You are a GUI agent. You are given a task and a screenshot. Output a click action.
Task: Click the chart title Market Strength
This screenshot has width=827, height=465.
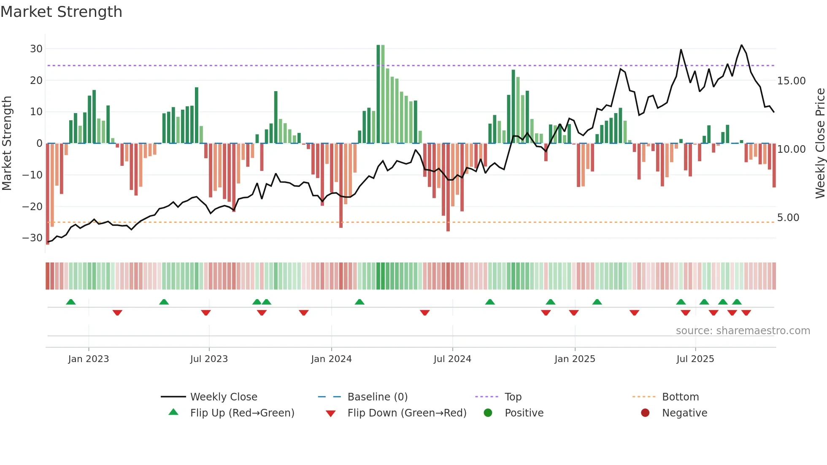pos(61,12)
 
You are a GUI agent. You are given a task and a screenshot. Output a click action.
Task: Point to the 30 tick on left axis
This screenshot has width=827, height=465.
pos(36,49)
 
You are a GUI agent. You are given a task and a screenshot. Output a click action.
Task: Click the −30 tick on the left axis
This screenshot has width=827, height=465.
pos(32,238)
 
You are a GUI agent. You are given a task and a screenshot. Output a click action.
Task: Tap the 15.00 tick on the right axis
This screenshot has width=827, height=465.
pos(791,81)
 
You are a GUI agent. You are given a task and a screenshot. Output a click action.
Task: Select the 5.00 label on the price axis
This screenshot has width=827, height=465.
pos(788,217)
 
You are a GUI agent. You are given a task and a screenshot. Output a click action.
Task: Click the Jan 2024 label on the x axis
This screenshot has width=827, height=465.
pos(331,359)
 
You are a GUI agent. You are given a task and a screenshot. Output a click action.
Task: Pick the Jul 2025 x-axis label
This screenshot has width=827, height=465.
pos(695,359)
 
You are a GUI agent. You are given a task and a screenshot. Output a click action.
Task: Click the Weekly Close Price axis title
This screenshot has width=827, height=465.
pos(820,143)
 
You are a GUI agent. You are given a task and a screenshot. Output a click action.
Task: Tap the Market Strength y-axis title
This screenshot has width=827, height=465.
pos(7,143)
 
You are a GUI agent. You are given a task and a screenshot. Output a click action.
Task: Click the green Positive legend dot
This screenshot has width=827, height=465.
pos(488,413)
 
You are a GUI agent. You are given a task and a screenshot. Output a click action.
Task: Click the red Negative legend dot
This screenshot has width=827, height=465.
pos(645,413)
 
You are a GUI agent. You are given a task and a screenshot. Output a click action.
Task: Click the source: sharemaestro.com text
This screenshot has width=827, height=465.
pos(743,330)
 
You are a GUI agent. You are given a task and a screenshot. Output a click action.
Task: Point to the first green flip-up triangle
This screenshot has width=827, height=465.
pos(71,302)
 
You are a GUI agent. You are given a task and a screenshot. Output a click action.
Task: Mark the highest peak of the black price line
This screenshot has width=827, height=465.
pos(741,45)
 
